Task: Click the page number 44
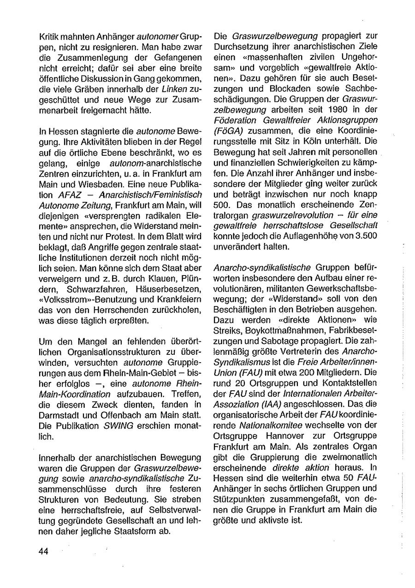[44, 552]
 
